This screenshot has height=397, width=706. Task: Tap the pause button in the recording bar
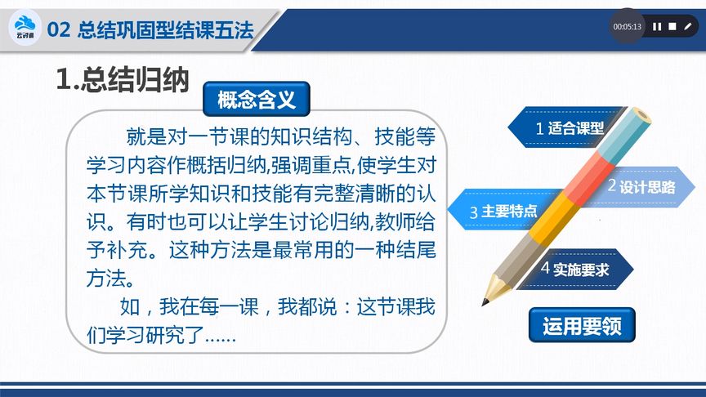656,26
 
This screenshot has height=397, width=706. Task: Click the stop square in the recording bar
672,26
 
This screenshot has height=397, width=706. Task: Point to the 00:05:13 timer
628,26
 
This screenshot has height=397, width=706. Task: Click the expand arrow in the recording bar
689,26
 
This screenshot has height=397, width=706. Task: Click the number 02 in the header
59,30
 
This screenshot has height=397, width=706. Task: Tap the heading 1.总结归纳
122,79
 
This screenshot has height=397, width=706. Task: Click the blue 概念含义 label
255,100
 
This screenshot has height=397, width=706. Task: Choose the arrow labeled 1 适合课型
564,127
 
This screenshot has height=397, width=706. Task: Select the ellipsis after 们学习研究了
219,335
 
